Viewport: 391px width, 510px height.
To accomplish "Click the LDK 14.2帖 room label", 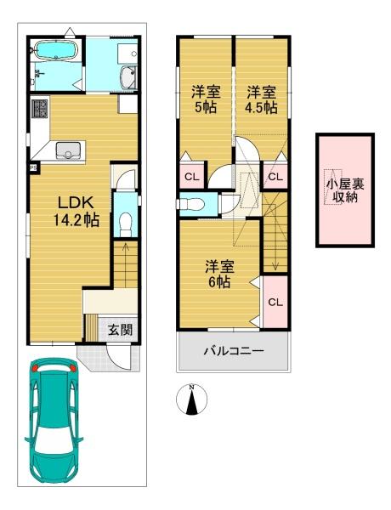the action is pos(76,212).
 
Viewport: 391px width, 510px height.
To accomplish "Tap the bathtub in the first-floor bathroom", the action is pos(55,50).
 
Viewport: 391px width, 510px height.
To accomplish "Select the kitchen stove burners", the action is pos(39,109).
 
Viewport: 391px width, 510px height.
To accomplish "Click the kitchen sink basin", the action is pos(68,150).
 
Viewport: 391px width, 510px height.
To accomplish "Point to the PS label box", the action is pos(33,168).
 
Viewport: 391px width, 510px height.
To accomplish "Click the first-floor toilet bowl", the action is pos(125,224).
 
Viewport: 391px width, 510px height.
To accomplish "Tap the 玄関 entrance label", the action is pos(121,330).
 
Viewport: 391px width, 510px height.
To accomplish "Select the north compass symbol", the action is pos(192,399).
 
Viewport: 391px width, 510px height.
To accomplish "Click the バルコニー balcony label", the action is pos(234,351).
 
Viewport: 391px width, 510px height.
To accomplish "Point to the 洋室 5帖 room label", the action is pos(206,99).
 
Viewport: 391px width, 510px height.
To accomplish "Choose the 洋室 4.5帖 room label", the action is pos(261,99).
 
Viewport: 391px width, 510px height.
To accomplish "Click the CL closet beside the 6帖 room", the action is pos(275,302).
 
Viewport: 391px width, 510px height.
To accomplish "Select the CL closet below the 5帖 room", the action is pos(192,177).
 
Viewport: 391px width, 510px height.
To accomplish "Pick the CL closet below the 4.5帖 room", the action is pos(275,177).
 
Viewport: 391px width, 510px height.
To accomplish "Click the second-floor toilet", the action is pos(192,204).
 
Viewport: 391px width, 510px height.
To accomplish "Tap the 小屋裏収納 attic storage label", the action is pos(345,190).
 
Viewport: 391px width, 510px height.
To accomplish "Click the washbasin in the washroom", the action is pos(129,77).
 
